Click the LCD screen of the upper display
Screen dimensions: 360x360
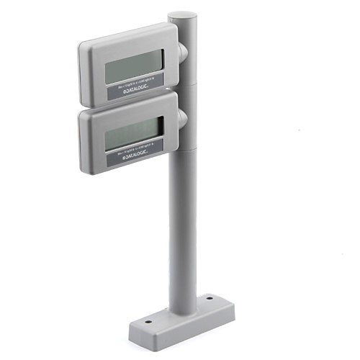click(134, 66)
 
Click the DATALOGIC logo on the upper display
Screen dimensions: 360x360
click(136, 89)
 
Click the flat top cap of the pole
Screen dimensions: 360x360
click(182, 15)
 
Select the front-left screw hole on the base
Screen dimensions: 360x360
click(148, 323)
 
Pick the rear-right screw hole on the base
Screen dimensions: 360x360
click(209, 296)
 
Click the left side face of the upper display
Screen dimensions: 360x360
click(82, 72)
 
